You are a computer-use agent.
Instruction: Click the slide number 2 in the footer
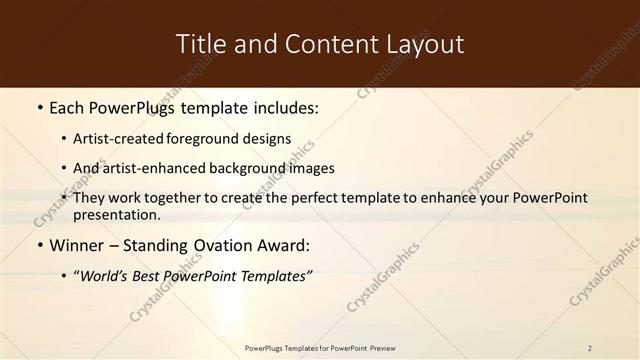point(589,348)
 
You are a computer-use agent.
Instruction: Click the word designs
point(270,139)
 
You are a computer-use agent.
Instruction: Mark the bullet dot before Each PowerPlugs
point(39,106)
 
